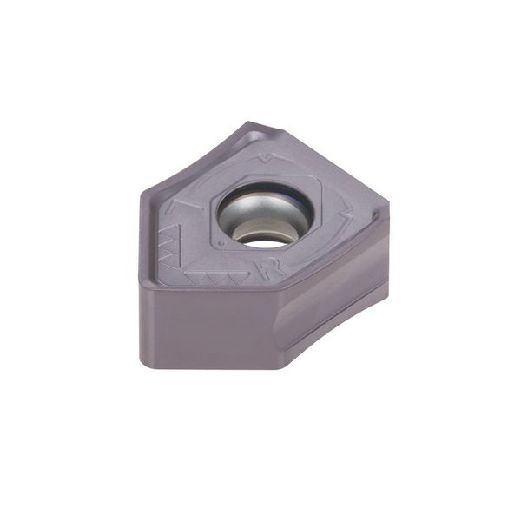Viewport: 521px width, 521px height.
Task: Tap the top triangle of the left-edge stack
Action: (x=171, y=231)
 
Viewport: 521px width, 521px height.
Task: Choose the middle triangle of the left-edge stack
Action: (x=171, y=245)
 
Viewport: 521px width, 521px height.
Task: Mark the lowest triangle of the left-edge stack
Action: (x=172, y=260)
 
